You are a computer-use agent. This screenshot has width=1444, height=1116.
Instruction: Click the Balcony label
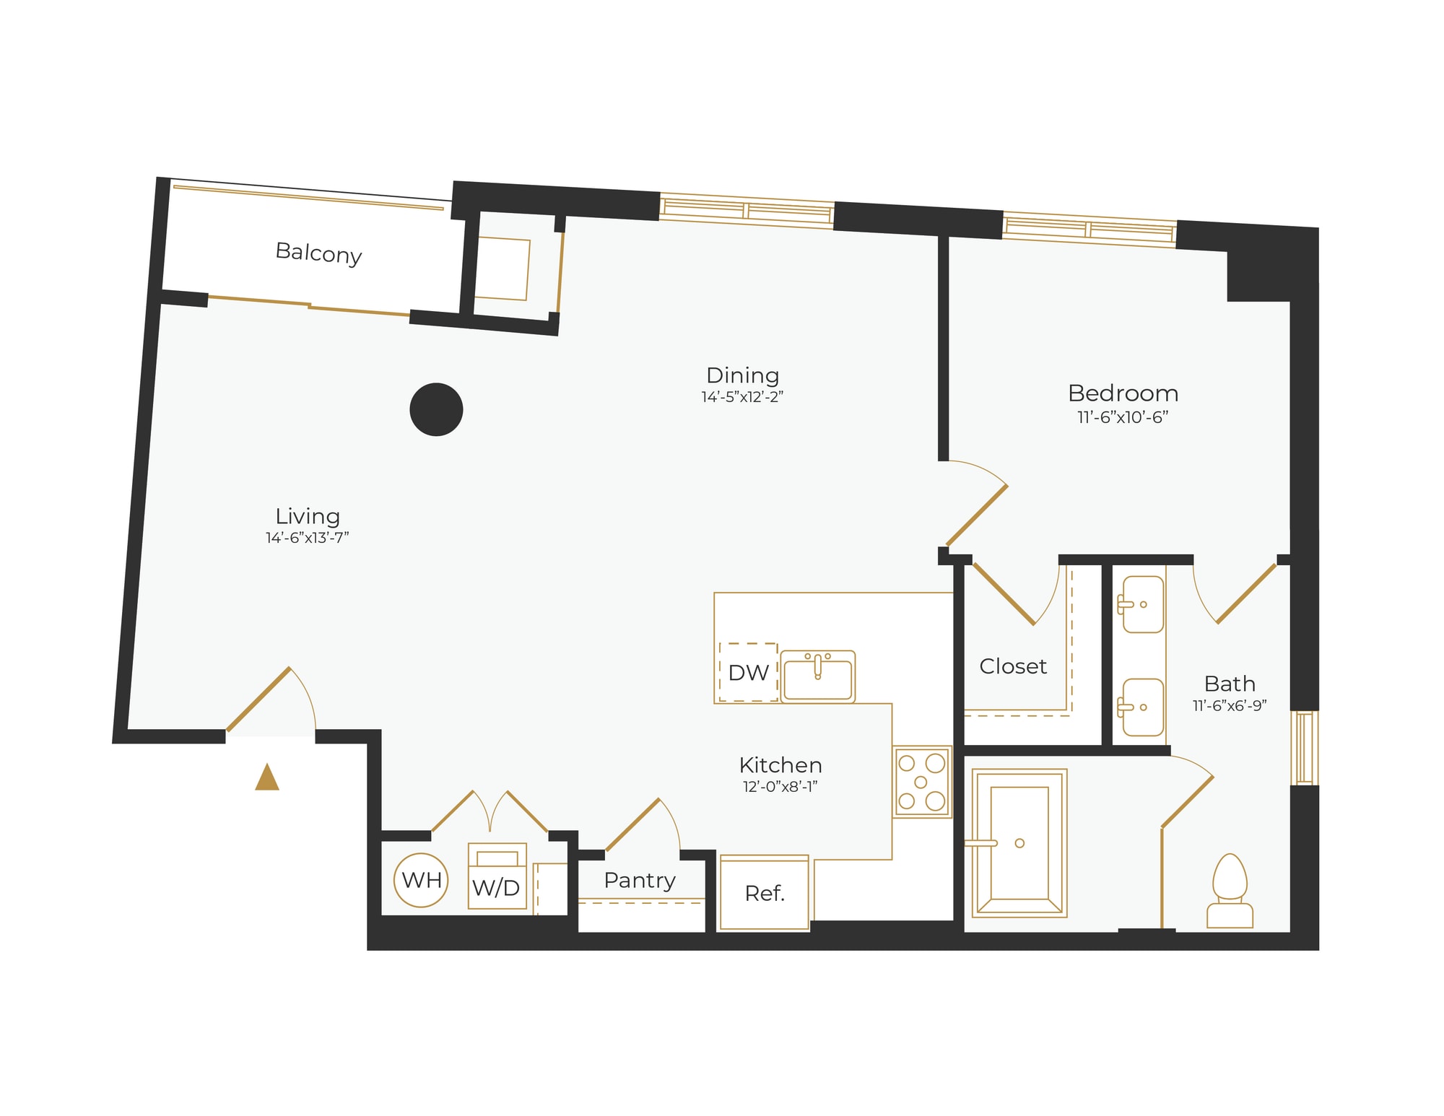pyautogui.click(x=318, y=253)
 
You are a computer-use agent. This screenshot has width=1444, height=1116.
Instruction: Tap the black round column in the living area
pyautogui.click(x=436, y=409)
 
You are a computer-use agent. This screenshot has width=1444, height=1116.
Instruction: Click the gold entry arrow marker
pyautogui.click(x=267, y=777)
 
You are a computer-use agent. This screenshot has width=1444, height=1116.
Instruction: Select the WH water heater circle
pyautogui.click(x=421, y=880)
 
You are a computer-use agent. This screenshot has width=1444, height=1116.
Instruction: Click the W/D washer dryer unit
pyautogui.click(x=497, y=877)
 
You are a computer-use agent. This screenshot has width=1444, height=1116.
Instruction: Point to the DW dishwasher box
pyautogui.click(x=748, y=672)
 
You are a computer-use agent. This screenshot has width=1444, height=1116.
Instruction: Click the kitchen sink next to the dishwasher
pyautogui.click(x=817, y=676)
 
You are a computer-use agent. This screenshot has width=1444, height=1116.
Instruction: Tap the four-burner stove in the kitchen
pyautogui.click(x=921, y=782)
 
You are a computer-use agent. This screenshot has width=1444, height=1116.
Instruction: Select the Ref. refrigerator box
pyautogui.click(x=765, y=894)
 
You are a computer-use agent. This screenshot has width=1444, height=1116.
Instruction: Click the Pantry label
pyautogui.click(x=640, y=881)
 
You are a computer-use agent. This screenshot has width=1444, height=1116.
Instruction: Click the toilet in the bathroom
pyautogui.click(x=1230, y=891)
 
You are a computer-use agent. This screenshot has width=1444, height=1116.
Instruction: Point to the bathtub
pyautogui.click(x=1019, y=843)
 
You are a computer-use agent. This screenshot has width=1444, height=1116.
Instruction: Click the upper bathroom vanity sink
pyautogui.click(x=1143, y=604)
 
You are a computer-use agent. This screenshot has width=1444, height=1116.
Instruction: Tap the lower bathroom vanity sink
pyautogui.click(x=1143, y=707)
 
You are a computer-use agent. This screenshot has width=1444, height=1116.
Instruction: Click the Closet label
pyautogui.click(x=1012, y=666)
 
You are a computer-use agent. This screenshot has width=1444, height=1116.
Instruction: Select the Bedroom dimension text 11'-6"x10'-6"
pyautogui.click(x=1123, y=417)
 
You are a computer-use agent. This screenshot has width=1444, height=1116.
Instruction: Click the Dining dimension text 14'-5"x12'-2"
pyautogui.click(x=742, y=397)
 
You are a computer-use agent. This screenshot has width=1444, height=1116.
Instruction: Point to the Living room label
pyautogui.click(x=308, y=516)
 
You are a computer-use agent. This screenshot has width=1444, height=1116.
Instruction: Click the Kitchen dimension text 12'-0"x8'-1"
pyautogui.click(x=780, y=787)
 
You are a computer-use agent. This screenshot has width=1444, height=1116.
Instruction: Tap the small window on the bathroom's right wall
pyautogui.click(x=1304, y=748)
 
